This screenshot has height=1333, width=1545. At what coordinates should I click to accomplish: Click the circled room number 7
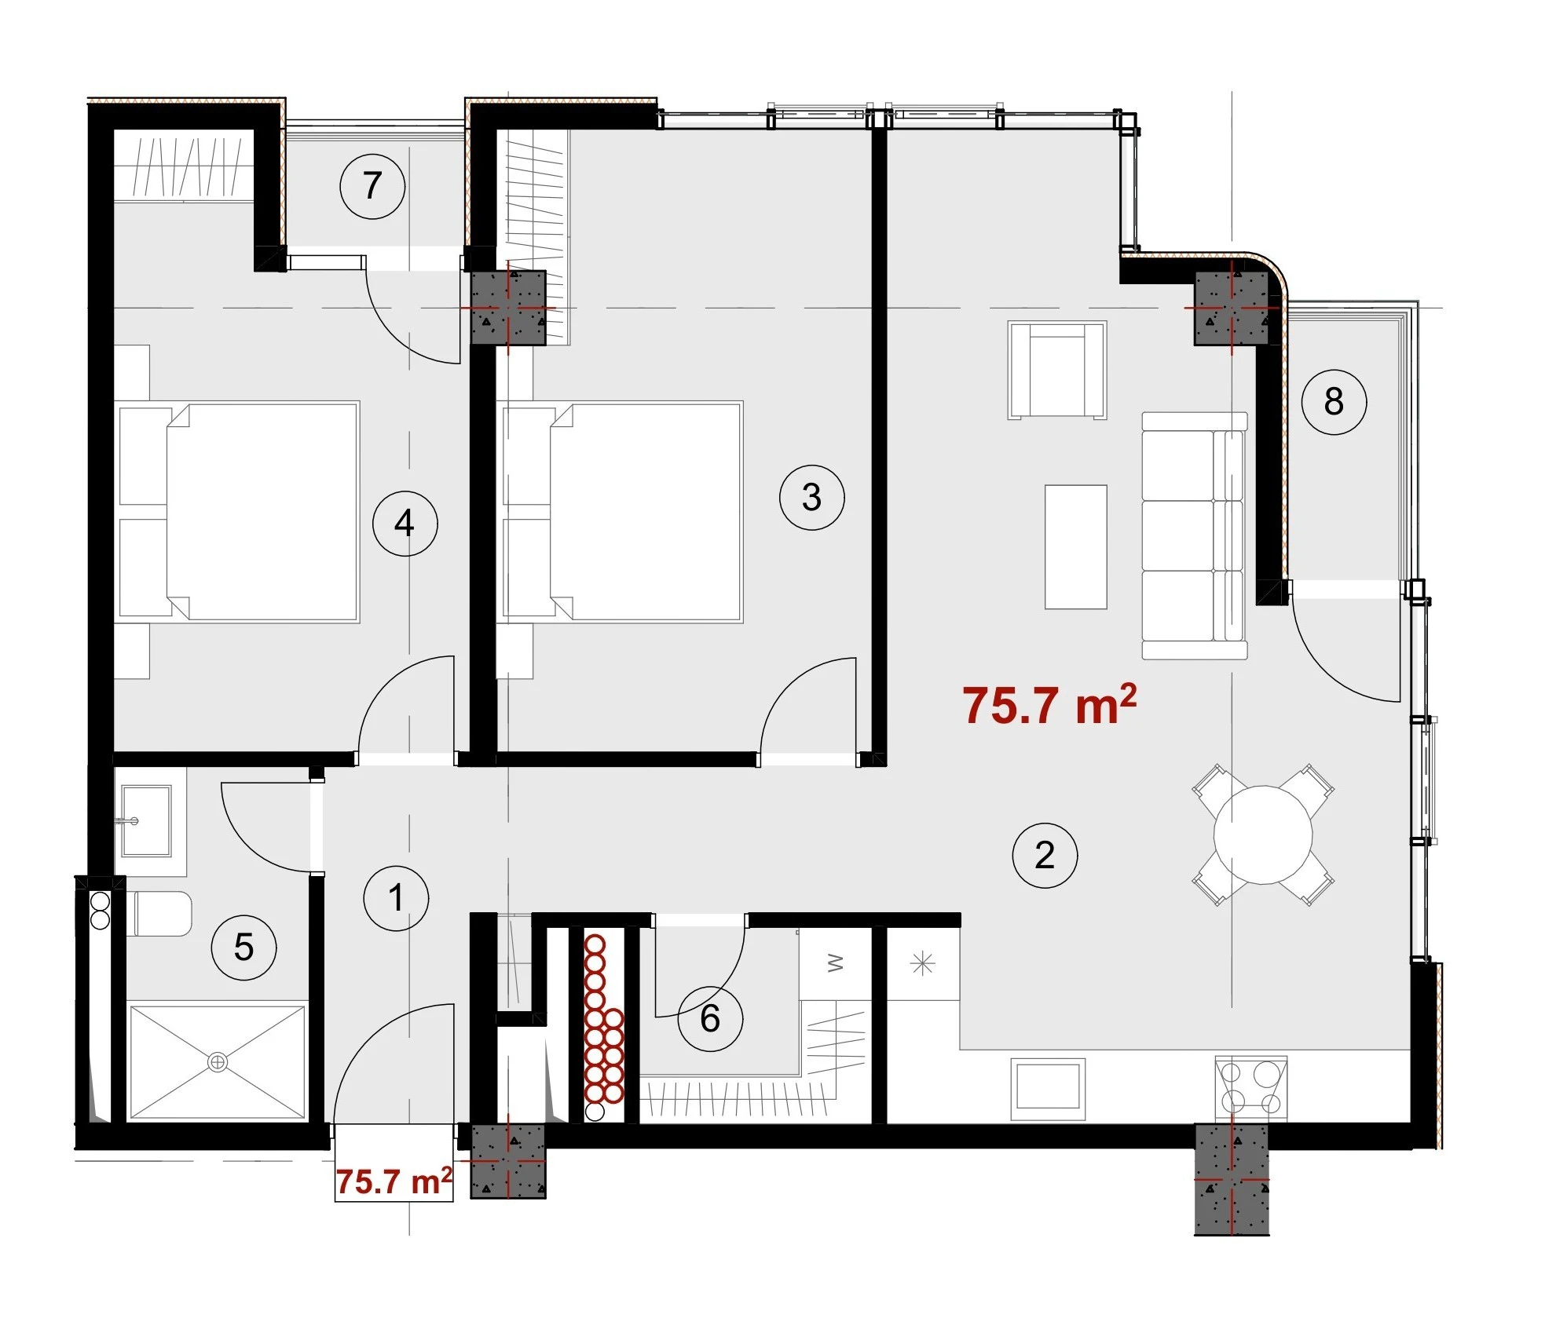point(372,187)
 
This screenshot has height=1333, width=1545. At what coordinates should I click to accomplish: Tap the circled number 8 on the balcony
point(1334,402)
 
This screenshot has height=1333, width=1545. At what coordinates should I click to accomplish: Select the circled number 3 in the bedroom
point(811,497)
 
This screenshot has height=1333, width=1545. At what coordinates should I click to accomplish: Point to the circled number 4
point(405,524)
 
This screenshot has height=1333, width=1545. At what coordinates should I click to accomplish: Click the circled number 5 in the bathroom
point(243,948)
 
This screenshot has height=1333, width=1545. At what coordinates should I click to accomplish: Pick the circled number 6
point(710,1019)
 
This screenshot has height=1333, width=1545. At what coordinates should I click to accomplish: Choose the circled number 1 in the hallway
point(396,898)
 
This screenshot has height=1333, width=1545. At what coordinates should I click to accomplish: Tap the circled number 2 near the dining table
point(1045,856)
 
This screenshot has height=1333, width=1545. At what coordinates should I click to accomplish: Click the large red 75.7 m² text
point(1049,704)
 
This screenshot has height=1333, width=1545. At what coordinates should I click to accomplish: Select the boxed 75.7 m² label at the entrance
point(394,1181)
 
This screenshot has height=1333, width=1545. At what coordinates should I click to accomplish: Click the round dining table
point(1263,834)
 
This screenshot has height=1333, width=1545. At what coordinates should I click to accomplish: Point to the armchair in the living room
point(1057,370)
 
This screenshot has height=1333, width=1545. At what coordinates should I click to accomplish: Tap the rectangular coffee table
point(1075,546)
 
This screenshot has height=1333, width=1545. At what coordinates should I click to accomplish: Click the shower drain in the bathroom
point(218,1062)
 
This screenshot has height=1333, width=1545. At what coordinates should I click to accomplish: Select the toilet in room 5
point(159,913)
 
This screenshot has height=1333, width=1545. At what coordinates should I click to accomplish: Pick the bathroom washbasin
point(145,821)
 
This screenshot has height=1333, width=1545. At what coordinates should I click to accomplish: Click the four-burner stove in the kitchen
point(1250,1087)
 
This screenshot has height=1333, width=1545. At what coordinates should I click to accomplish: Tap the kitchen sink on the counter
point(1048,1090)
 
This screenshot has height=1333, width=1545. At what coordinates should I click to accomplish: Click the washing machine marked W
point(835,963)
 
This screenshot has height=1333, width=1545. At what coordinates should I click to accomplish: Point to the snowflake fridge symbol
point(923,963)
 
